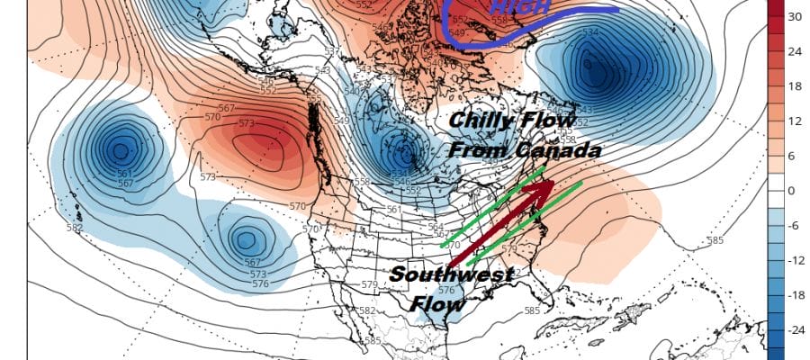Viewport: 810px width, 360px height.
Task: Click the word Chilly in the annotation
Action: click(x=484, y=119)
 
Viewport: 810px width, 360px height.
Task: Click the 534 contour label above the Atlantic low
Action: click(x=589, y=32)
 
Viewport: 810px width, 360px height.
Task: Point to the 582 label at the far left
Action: click(x=74, y=228)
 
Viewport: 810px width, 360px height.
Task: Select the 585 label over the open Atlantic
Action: click(x=715, y=240)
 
